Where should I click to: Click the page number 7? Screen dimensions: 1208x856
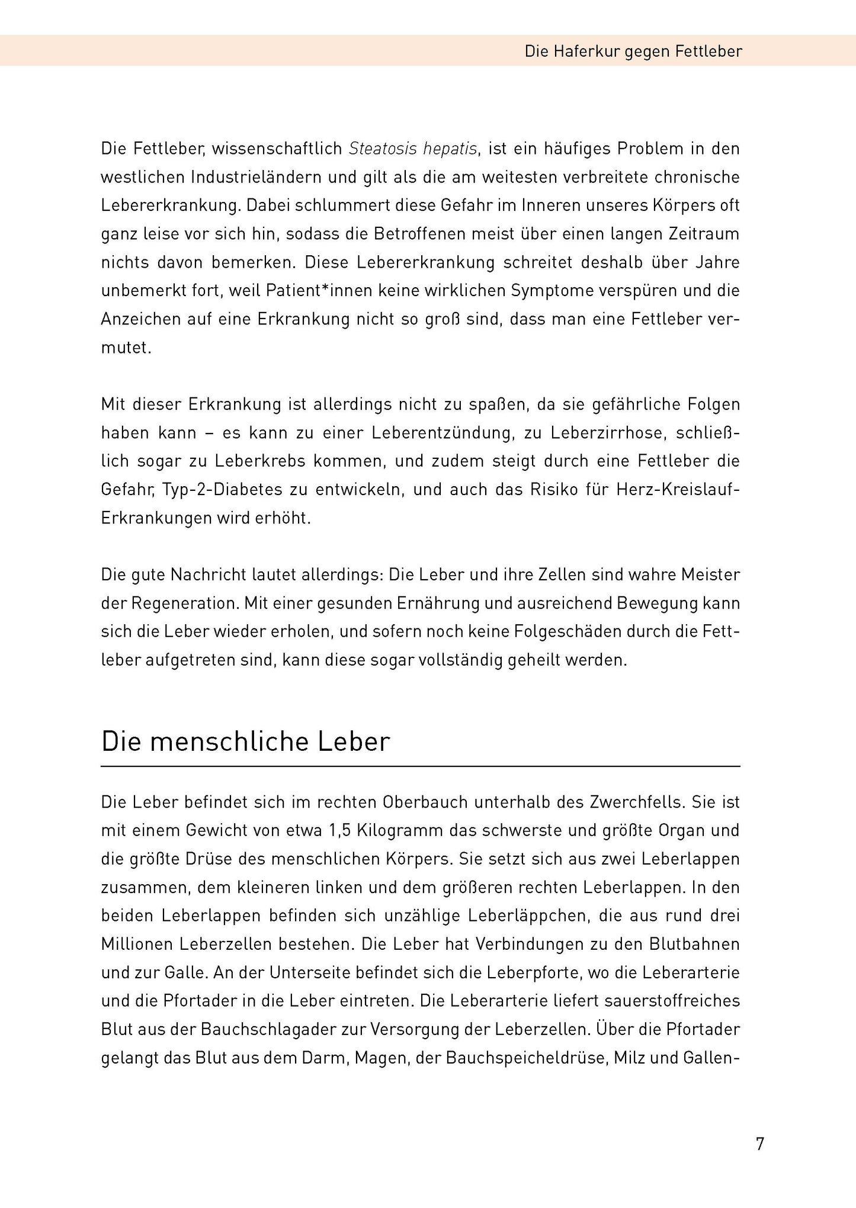[x=760, y=1143]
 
